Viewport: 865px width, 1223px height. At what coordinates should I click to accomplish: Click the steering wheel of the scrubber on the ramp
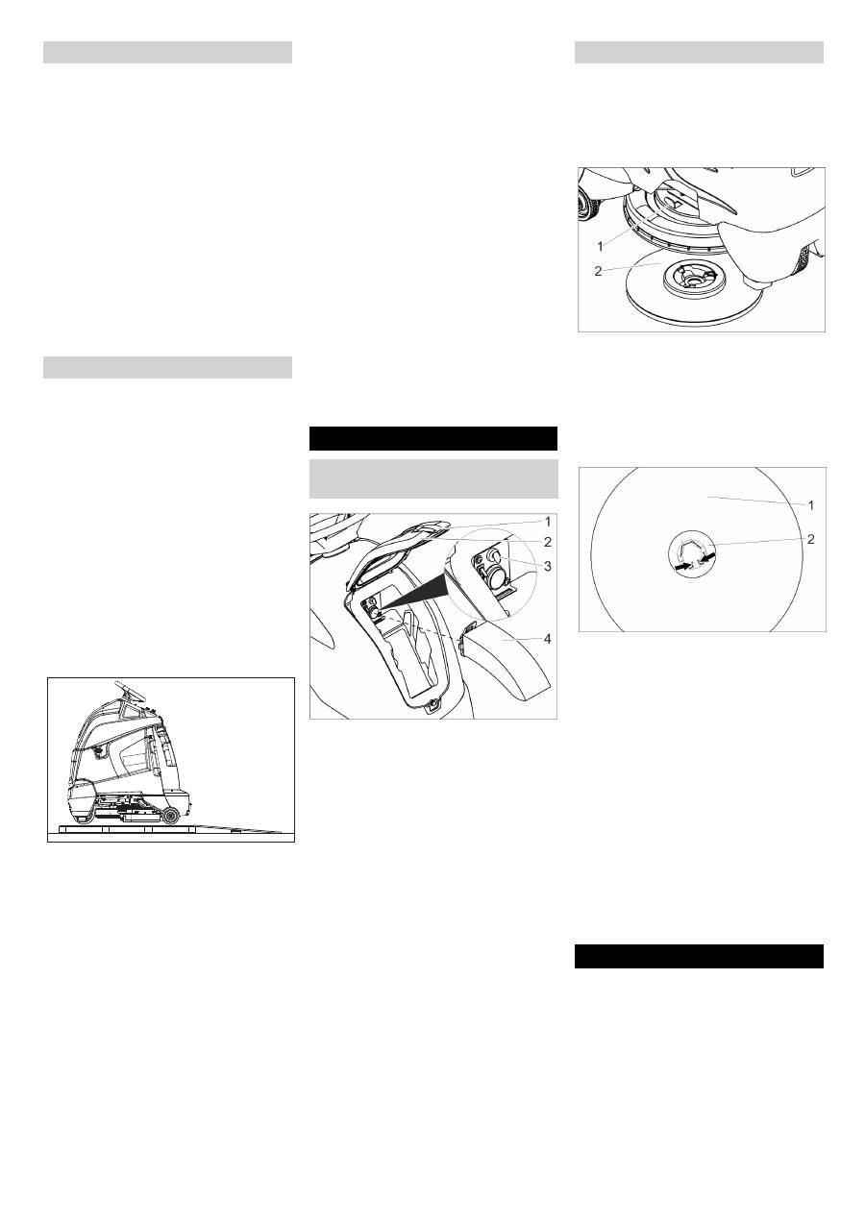[x=130, y=693]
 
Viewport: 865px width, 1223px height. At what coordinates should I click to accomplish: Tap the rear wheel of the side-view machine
[x=172, y=817]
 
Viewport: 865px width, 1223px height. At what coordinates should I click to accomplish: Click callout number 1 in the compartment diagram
[x=548, y=523]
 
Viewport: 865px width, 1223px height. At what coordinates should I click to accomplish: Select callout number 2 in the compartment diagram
[x=548, y=542]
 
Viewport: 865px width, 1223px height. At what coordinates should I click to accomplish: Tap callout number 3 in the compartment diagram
[x=548, y=566]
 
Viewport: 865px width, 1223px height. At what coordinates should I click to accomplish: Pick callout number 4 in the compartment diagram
[x=548, y=639]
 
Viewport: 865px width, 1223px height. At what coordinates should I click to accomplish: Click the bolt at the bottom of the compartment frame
[x=433, y=704]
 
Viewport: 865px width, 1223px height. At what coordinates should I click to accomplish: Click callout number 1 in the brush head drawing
[x=600, y=247]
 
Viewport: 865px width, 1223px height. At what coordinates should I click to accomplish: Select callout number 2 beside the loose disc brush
[x=598, y=271]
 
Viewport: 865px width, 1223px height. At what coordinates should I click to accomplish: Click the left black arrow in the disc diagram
[x=681, y=568]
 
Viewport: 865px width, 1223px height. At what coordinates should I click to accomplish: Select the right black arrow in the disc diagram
[x=708, y=558]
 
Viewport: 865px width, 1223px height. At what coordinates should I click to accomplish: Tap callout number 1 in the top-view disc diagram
[x=811, y=505]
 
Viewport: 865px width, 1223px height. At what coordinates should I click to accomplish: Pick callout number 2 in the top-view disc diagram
[x=811, y=539]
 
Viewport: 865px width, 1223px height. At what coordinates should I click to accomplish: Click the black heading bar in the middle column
[x=433, y=438]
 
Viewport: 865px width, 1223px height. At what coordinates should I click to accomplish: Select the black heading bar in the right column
[x=699, y=957]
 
